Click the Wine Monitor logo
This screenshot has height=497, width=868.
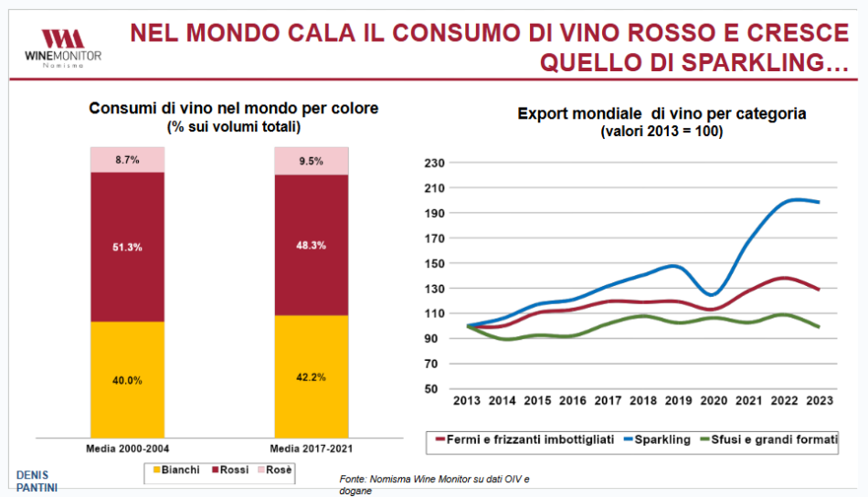[x=62, y=47]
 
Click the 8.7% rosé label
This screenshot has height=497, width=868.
[x=127, y=160]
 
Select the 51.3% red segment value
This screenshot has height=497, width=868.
[x=127, y=248]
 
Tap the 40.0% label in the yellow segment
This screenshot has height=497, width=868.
[x=127, y=380]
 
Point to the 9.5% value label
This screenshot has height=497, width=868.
[x=312, y=162]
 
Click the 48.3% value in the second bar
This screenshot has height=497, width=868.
[x=312, y=246]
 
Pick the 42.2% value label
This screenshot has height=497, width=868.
[x=312, y=376]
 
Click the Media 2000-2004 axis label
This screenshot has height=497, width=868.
[x=127, y=449]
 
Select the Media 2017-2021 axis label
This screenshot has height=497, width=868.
[x=312, y=449]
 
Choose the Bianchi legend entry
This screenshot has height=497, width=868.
[x=175, y=470]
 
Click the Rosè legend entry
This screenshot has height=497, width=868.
[x=275, y=470]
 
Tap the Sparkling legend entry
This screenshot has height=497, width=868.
[x=659, y=439]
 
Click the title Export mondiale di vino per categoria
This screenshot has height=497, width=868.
[x=662, y=114]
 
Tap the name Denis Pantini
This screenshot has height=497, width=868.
[x=37, y=481]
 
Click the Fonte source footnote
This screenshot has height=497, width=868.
[x=434, y=484]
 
